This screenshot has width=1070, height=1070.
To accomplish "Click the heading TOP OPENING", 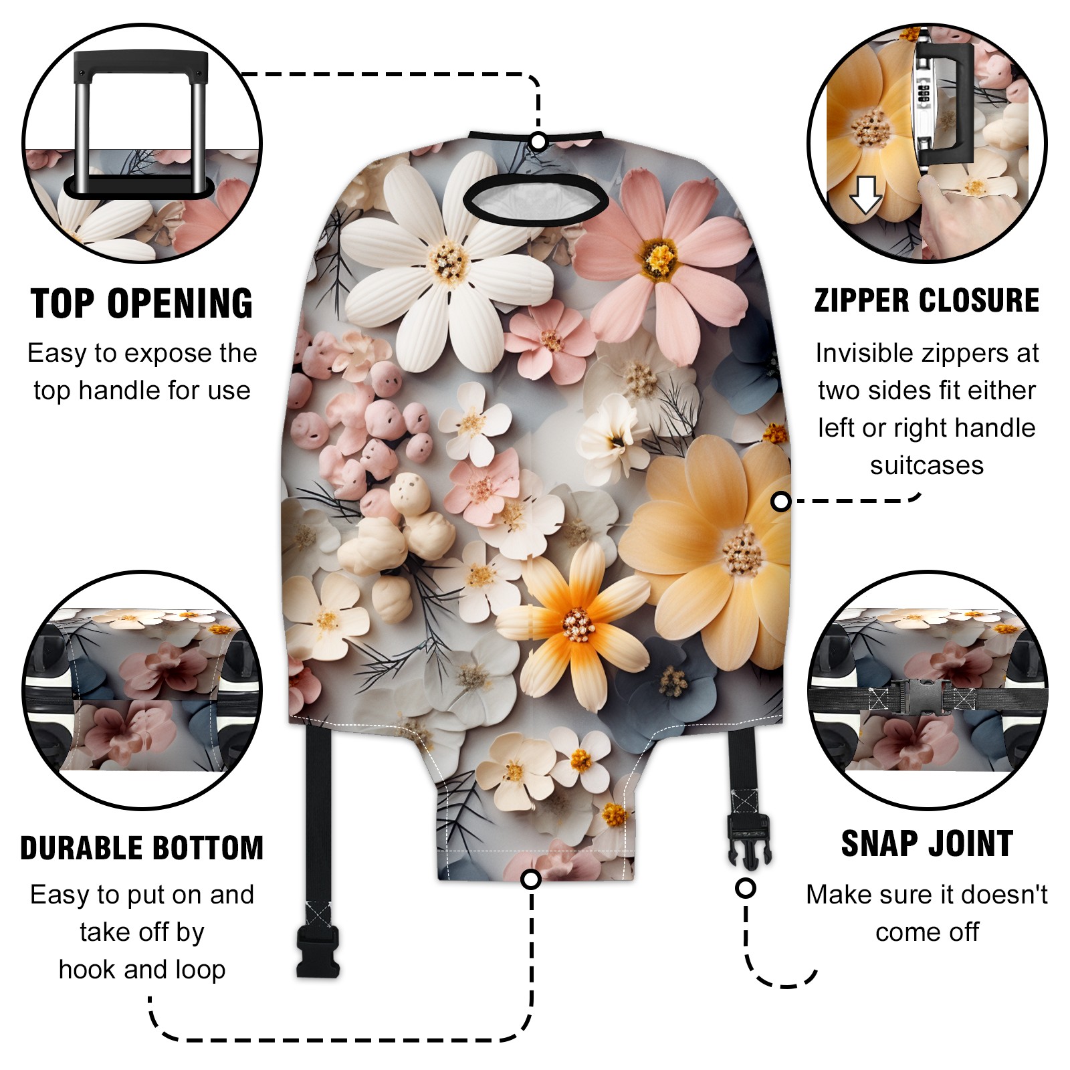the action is point(142,304).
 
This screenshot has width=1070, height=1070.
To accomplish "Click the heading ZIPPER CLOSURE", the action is point(927,300).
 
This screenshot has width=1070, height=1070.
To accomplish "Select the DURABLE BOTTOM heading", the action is point(142,848).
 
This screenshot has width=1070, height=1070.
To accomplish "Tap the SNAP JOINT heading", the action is point(927,843).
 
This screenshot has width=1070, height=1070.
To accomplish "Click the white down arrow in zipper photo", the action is point(865,195).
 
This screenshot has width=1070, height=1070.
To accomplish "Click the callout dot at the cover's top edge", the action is point(538,142).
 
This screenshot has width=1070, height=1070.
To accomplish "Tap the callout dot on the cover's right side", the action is point(780,501).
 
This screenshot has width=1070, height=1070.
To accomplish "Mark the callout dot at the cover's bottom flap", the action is point(531,879).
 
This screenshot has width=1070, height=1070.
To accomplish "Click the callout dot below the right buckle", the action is point(746,888).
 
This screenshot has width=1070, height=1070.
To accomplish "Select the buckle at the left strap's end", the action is point(318,953).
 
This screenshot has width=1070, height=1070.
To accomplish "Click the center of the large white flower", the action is point(449,261).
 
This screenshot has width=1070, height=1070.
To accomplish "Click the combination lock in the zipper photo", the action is point(926,97).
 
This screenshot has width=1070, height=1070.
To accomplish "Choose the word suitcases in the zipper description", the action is point(927,465).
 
